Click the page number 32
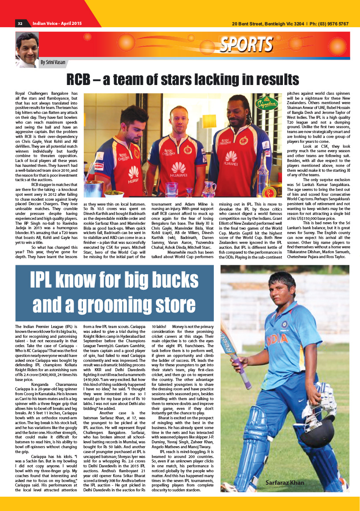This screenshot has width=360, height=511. pyautogui.click(x=20, y=24)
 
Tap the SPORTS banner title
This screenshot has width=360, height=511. pyautogui.click(x=246, y=45)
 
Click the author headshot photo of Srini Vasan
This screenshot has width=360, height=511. pyautogui.click(x=27, y=49)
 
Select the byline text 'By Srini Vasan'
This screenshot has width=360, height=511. pyautogui.click(x=53, y=62)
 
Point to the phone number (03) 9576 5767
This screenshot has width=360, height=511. pyautogui.click(x=331, y=24)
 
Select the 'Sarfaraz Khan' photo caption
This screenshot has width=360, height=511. pyautogui.click(x=285, y=483)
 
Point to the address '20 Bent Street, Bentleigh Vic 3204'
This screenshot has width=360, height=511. pyautogui.click(x=266, y=24)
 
